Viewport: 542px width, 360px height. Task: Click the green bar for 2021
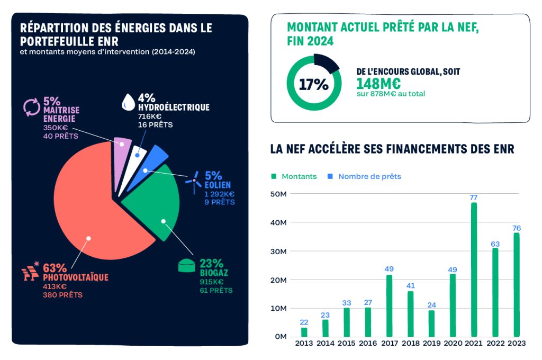(x=474, y=270)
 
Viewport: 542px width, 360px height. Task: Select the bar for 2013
(x=304, y=332)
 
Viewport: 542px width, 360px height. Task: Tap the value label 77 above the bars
(x=474, y=197)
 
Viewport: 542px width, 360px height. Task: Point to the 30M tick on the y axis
(x=279, y=251)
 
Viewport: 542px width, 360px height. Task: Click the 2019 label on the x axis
(x=431, y=343)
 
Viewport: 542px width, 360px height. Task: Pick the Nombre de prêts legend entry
(x=369, y=176)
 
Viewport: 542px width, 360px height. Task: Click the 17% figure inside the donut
(x=314, y=85)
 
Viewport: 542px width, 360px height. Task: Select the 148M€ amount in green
(x=378, y=84)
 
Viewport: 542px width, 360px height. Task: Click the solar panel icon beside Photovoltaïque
(x=31, y=273)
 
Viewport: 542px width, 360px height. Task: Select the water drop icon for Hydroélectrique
(x=128, y=102)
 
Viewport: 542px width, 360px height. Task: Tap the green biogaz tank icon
(x=187, y=266)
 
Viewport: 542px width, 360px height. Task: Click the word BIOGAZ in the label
(x=214, y=273)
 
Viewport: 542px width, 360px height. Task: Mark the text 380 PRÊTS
(x=62, y=295)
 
